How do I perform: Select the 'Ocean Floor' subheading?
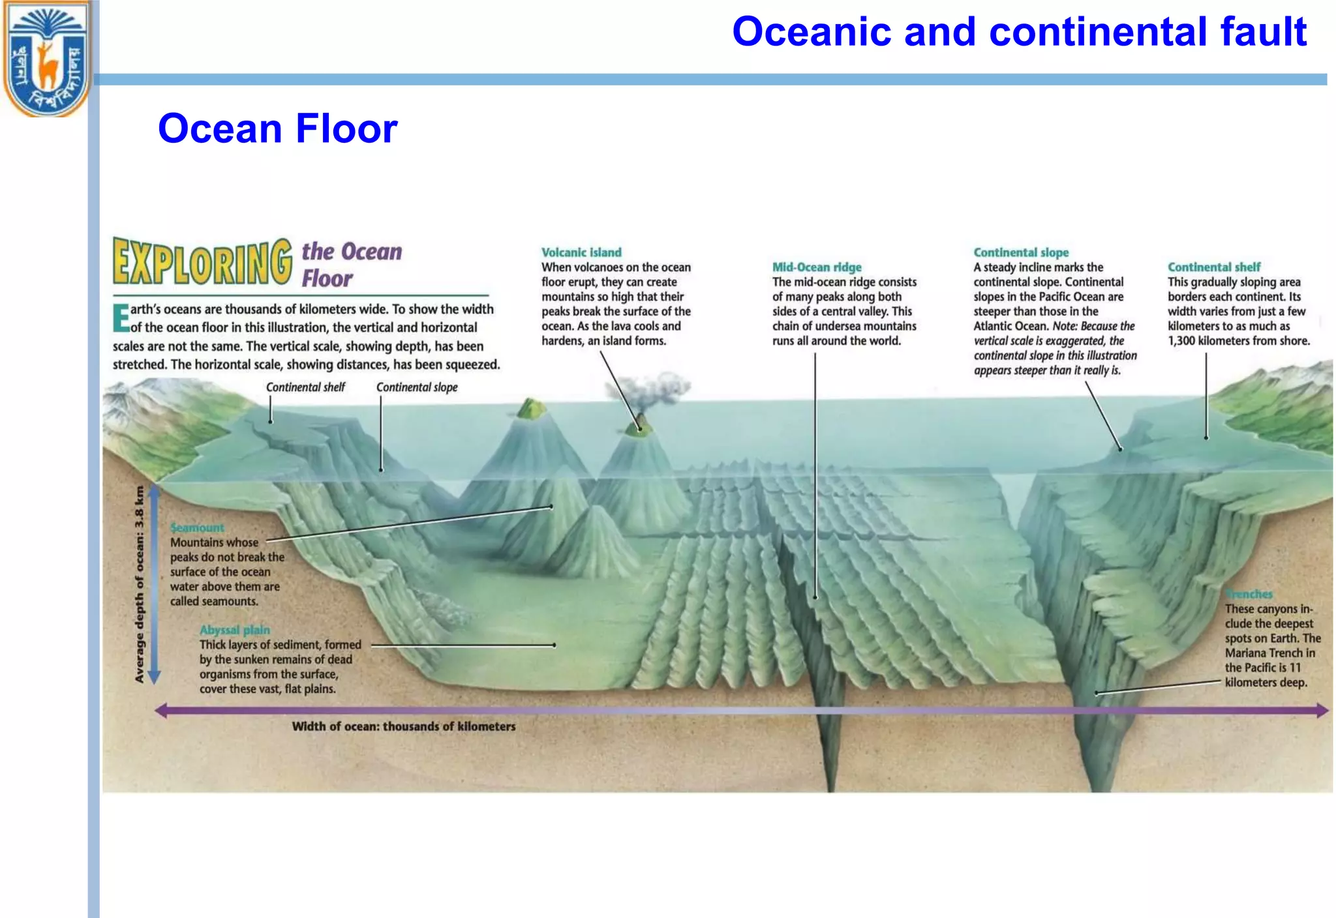pos(277,128)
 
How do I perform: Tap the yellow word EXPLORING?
pos(202,262)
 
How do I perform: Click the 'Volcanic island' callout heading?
pos(581,252)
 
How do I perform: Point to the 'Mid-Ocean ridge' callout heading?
pos(817,267)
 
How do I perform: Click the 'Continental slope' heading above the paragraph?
pos(1021,252)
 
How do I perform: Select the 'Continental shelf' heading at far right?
pos(1214,267)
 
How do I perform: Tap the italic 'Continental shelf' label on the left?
pos(305,387)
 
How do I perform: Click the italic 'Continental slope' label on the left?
pos(417,387)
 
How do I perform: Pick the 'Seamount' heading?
pos(197,527)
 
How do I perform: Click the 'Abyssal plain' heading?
pos(235,630)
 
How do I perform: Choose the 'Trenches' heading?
pos(1249,594)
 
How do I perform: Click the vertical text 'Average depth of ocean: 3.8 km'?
pos(139,584)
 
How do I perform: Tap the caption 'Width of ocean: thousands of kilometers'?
pos(403,726)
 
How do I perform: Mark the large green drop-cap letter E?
pos(121,318)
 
